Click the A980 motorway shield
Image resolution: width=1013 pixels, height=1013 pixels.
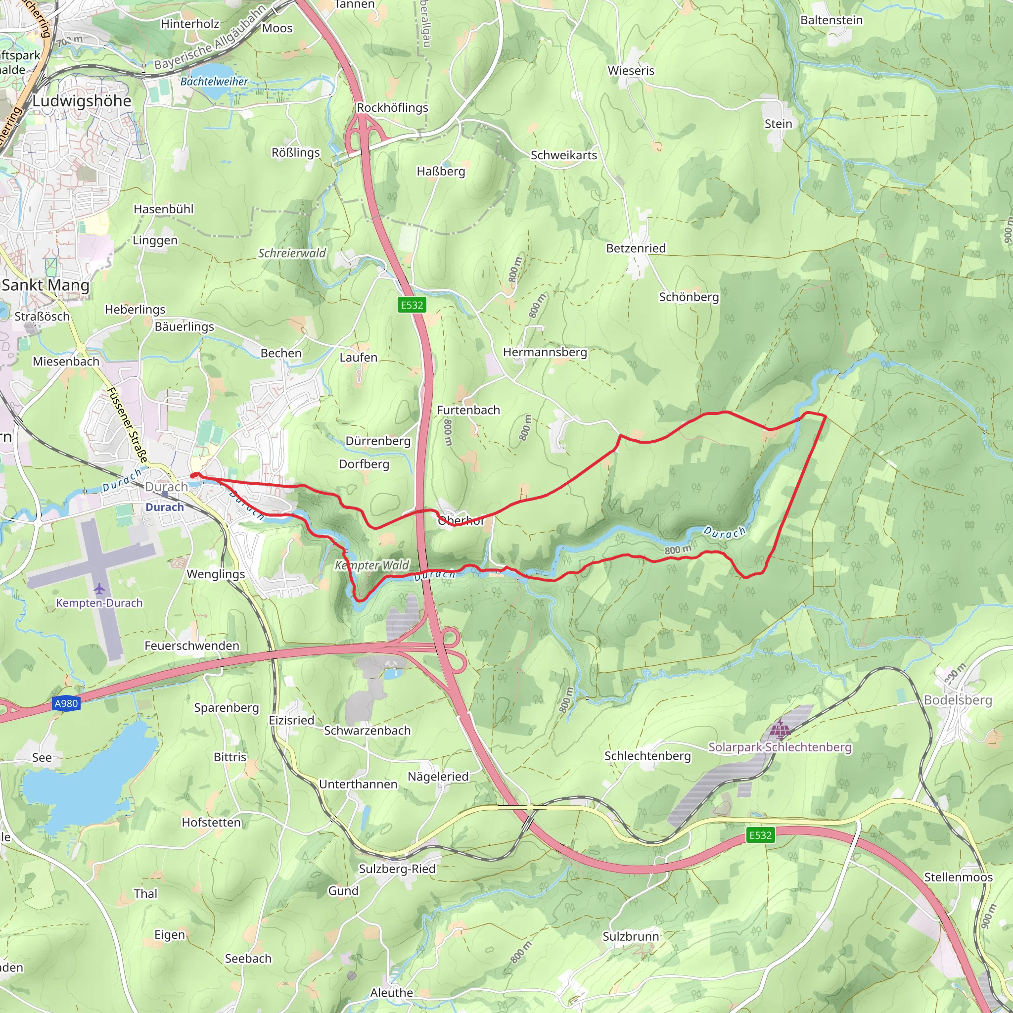[x=66, y=704]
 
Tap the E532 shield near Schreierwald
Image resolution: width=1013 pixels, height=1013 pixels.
[x=412, y=305]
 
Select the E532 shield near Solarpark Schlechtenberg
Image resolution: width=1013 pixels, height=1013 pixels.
[x=760, y=835]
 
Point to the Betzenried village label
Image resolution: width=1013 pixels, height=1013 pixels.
[x=636, y=248]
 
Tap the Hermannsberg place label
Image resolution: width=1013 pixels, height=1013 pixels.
[x=545, y=352]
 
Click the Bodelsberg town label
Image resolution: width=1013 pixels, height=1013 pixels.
[x=958, y=700]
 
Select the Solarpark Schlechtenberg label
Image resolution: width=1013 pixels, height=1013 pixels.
[x=780, y=747]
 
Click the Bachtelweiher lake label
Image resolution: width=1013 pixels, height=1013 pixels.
[x=214, y=82]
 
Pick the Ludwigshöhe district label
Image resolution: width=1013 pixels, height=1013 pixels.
[x=82, y=101]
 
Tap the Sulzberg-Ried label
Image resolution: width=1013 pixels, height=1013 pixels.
[x=397, y=869]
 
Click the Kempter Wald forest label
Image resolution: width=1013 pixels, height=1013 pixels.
[x=372, y=565]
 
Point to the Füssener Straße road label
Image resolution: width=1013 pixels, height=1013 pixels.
[x=128, y=425]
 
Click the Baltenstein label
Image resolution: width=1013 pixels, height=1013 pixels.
[x=831, y=20]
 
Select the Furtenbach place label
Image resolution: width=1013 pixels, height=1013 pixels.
[x=468, y=411]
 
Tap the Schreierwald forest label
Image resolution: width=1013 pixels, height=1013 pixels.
[x=291, y=254]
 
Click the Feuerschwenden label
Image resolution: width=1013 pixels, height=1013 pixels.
[x=192, y=646]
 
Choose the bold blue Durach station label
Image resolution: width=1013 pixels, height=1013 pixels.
[x=165, y=507]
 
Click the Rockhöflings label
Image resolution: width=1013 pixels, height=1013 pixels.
[x=392, y=108]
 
